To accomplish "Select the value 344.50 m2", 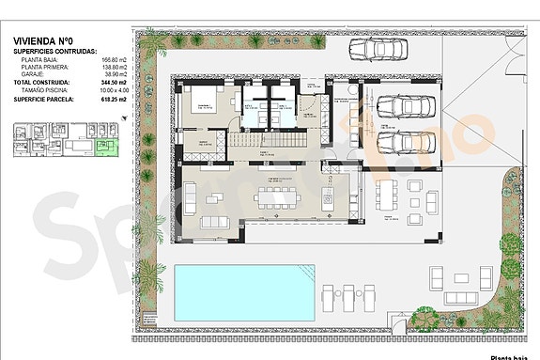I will (x=114, y=83).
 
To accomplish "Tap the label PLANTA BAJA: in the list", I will (x=46, y=58).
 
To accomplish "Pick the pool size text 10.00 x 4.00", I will (x=110, y=89).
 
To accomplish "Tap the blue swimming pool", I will (x=243, y=291).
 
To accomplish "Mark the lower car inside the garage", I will (x=404, y=142).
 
